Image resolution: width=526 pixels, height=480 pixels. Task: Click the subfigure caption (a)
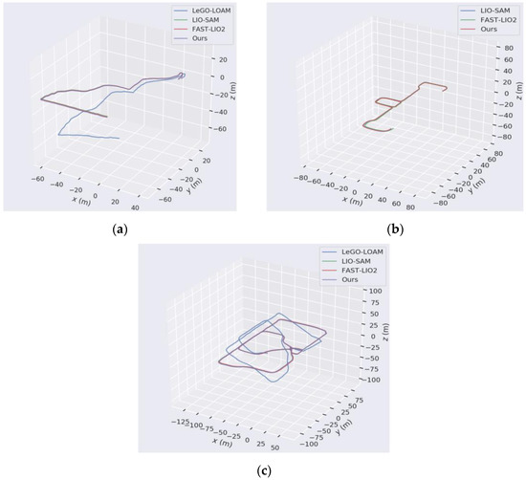coord(120,230)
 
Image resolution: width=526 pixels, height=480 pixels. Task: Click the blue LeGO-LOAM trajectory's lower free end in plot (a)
coord(120,139)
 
